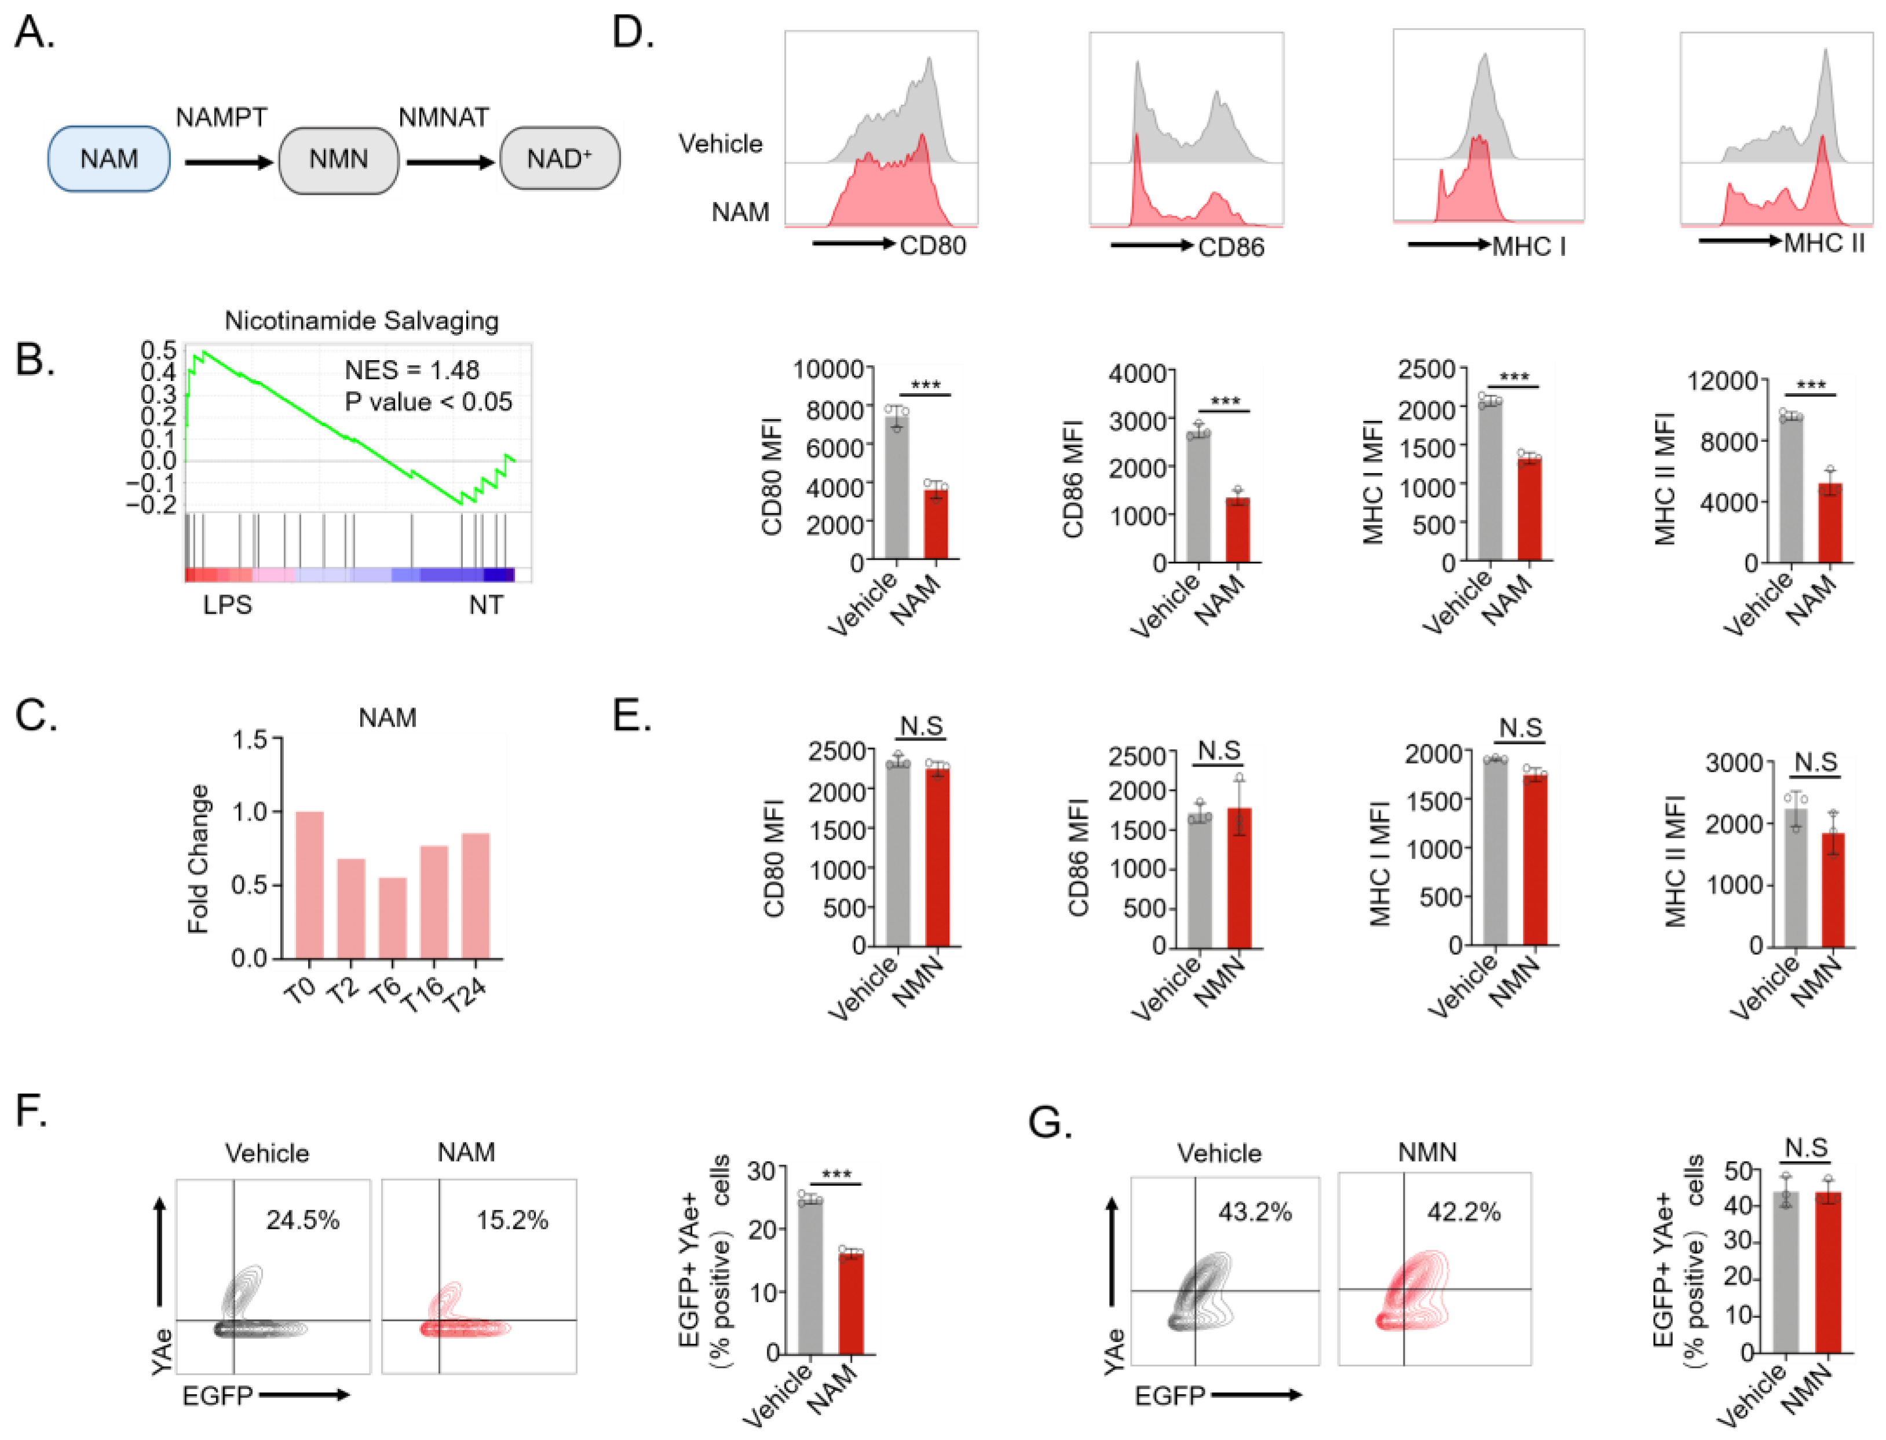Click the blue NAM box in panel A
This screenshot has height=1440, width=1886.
(x=109, y=159)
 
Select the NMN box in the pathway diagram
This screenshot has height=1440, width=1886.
(x=339, y=159)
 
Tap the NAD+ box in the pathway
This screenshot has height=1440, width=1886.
(x=560, y=159)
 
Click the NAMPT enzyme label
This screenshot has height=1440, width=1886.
(x=221, y=118)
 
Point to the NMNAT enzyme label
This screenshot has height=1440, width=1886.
(x=444, y=118)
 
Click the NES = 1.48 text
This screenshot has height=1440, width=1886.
(x=411, y=371)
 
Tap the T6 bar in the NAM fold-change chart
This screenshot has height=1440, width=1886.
(x=393, y=917)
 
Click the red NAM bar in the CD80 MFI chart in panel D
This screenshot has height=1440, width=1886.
(x=935, y=523)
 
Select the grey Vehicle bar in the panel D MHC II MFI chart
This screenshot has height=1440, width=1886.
(x=1791, y=489)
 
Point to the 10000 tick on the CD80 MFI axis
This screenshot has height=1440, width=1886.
(x=828, y=369)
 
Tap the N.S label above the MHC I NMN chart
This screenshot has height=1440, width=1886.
(x=1521, y=728)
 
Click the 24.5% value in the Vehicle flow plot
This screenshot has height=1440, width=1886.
(x=302, y=1220)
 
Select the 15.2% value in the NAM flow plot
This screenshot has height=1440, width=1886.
(x=512, y=1220)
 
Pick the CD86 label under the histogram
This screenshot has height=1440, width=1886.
(x=1231, y=248)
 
